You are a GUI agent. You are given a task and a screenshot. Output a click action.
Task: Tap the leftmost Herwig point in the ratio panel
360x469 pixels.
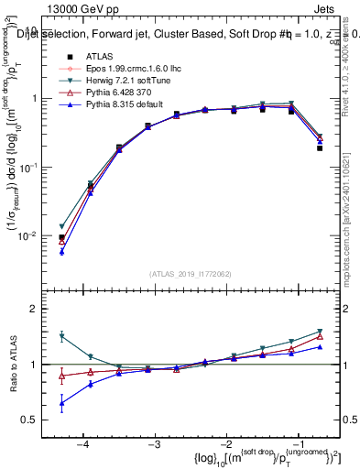point(61,336)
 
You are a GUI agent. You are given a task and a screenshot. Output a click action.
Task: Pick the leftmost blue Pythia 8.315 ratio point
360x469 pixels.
point(61,403)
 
